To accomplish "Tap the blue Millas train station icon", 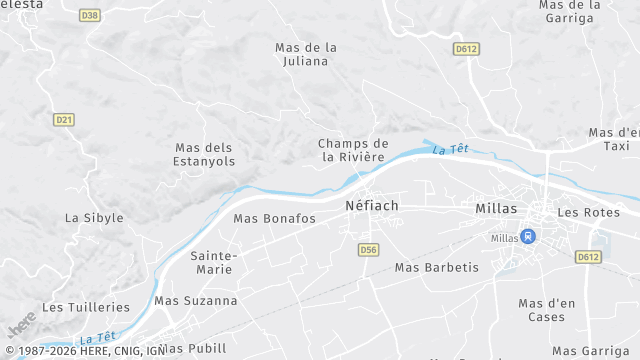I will [x=529, y=236].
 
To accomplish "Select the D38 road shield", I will [x=90, y=15].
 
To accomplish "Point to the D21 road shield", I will [x=64, y=119].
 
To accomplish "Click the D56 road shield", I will [x=368, y=249].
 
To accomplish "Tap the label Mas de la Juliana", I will [x=306, y=54].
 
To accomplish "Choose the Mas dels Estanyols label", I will [x=204, y=154].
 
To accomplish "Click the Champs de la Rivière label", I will [x=353, y=150].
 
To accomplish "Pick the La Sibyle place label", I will [x=94, y=218].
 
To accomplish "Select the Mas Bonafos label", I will [x=274, y=218].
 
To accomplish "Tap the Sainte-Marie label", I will [x=213, y=262].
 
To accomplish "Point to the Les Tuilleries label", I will [x=86, y=307].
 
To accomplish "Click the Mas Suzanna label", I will [x=196, y=300].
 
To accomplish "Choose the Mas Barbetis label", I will [x=437, y=267].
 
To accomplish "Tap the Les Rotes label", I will [x=582, y=212].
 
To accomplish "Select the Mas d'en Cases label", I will [x=541, y=310].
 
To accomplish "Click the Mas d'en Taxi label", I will [x=614, y=138].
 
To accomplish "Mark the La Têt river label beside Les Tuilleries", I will [x=97, y=339].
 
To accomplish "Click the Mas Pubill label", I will [x=192, y=348].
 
